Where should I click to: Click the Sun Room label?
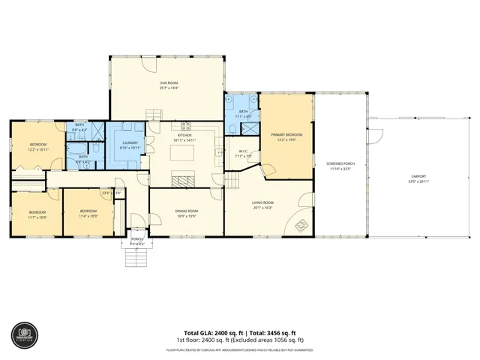[x=167, y=85]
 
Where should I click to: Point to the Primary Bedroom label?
[x=287, y=137]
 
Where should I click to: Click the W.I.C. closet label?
[x=243, y=154]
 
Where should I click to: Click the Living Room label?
[x=262, y=205]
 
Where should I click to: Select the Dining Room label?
[x=186, y=214]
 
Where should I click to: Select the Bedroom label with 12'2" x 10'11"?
[x=38, y=146]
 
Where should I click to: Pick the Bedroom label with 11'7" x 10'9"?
[x=37, y=214]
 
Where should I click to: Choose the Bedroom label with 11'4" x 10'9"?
[x=88, y=214]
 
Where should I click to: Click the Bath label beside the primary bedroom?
[x=243, y=114]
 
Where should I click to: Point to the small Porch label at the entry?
[x=136, y=241]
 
